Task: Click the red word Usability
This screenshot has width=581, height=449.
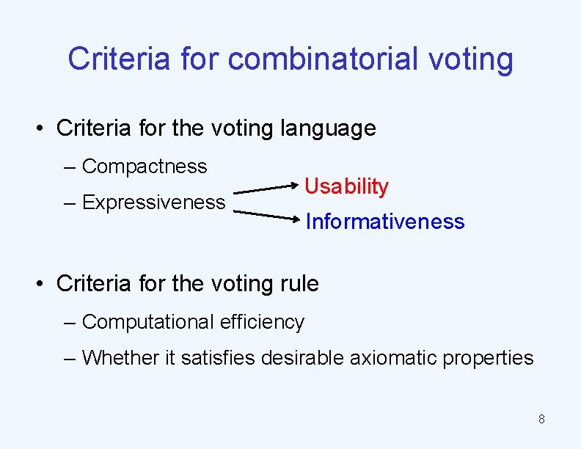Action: coord(346,186)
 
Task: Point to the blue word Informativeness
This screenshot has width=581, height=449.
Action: coord(384,222)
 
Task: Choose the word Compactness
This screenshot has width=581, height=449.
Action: coord(145,167)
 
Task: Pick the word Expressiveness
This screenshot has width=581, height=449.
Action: coord(153,202)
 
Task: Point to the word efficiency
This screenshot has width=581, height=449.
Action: coord(267,321)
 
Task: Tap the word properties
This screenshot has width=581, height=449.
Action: coord(487,357)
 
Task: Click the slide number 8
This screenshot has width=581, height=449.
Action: coord(541,420)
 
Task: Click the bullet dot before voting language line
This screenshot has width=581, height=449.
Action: coord(43,129)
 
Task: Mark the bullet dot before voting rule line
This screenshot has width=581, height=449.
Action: coord(43,284)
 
